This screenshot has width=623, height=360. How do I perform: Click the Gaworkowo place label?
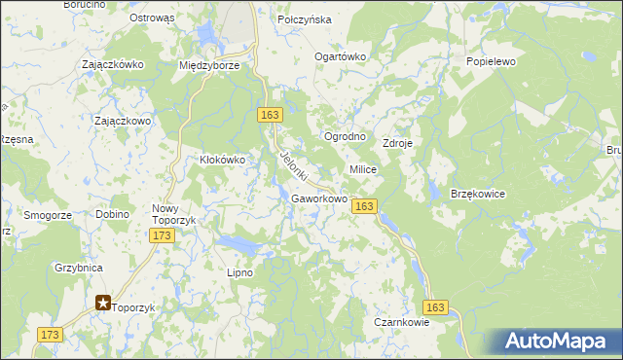pyautogui.click(x=319, y=199)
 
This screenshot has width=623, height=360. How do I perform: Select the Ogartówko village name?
pyautogui.click(x=339, y=56)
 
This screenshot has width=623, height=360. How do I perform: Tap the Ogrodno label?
pyautogui.click(x=345, y=136)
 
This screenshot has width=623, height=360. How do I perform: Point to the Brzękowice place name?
pyautogui.click(x=478, y=195)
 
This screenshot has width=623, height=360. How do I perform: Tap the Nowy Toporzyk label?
pyautogui.click(x=174, y=214)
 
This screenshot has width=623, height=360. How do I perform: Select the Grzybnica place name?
pyautogui.click(x=79, y=266)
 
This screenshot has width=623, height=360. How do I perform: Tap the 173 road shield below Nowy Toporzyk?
pyautogui.click(x=163, y=235)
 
